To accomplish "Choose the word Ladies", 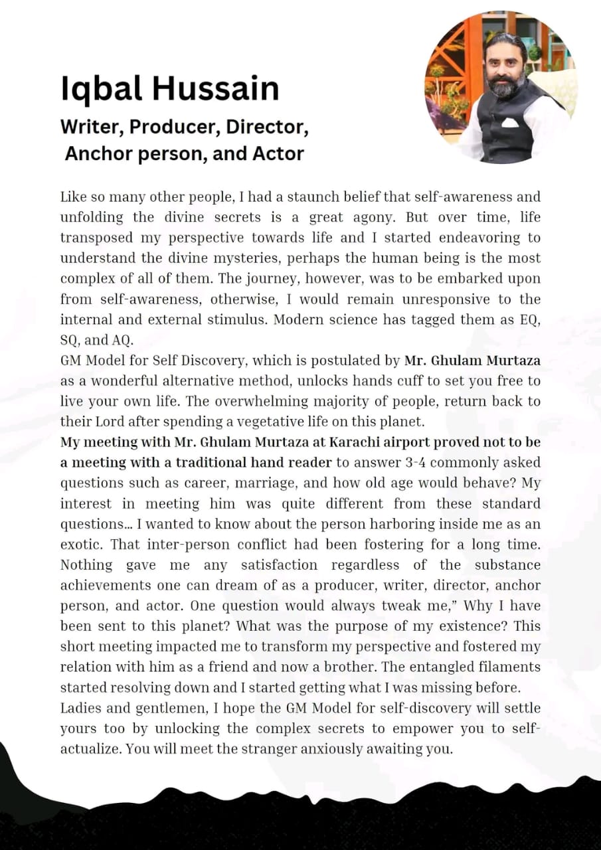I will pos(81,709).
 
